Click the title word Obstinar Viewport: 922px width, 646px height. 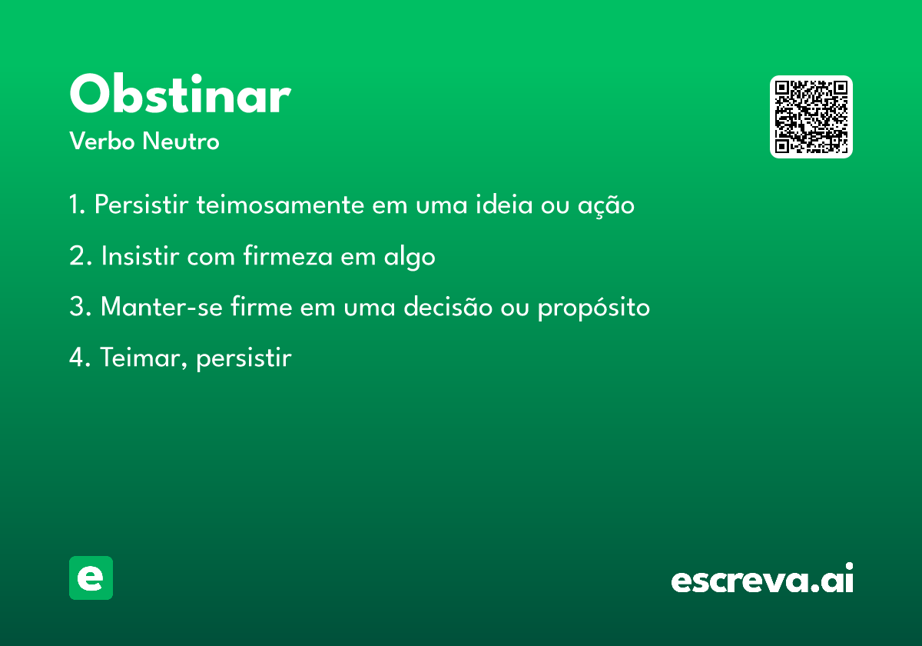(x=181, y=94)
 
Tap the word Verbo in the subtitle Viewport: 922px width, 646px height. (x=102, y=141)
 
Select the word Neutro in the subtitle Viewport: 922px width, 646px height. (x=181, y=142)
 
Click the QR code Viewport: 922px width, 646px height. (x=811, y=117)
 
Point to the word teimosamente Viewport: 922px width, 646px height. (x=280, y=205)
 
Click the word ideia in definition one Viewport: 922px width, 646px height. (x=504, y=205)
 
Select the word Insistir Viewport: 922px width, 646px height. (x=140, y=256)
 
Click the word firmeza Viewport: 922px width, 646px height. (x=288, y=255)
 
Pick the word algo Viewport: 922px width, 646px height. (x=409, y=257)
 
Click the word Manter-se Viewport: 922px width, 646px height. (x=161, y=307)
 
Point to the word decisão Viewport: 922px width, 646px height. (x=448, y=307)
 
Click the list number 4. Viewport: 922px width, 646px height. (x=79, y=358)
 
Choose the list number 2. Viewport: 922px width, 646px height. (x=80, y=256)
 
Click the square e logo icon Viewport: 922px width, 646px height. (x=91, y=578)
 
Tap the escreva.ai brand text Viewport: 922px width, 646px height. (x=762, y=578)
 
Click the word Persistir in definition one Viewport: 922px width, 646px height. (x=141, y=205)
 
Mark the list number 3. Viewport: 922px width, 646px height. (x=80, y=307)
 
